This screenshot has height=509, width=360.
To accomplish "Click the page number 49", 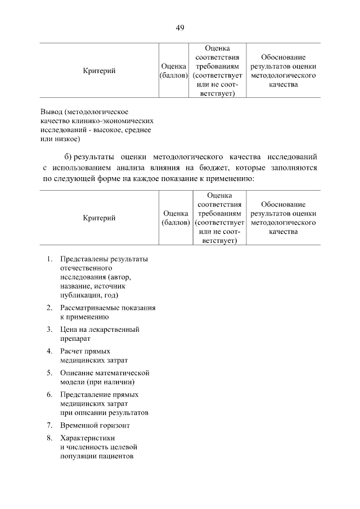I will pyautogui.click(x=180, y=28).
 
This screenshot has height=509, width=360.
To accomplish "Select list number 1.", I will pyautogui.click(x=49, y=259).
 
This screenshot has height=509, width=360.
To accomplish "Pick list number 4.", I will pyautogui.click(x=49, y=351).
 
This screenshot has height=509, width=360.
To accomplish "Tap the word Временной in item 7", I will pyautogui.click(x=79, y=425).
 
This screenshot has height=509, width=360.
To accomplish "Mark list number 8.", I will pyautogui.click(x=49, y=438).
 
